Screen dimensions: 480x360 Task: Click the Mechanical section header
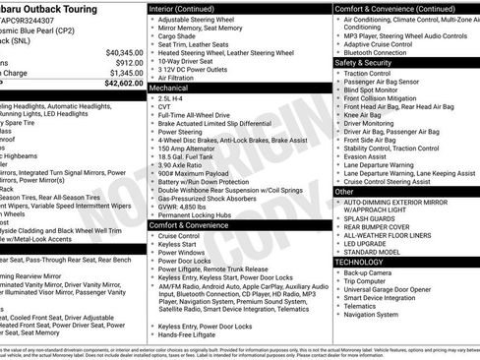point(168,88)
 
